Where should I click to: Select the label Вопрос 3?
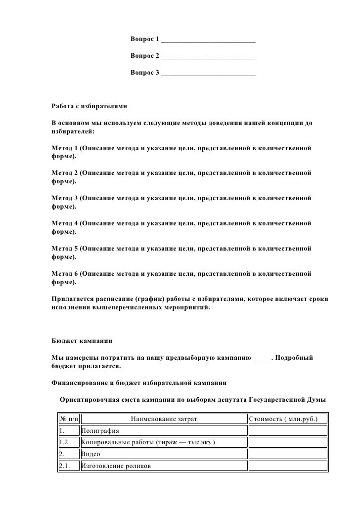[144, 73]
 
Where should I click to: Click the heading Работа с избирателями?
[90, 106]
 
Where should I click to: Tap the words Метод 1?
[65, 148]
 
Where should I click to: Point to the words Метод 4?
[65, 223]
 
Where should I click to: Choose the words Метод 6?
[65, 274]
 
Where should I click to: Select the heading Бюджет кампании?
[82, 341]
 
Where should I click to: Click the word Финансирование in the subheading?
[80, 382]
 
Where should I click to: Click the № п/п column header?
[68, 420]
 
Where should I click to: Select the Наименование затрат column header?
[164, 420]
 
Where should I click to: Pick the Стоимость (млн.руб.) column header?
[287, 420]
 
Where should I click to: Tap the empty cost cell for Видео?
[287, 454]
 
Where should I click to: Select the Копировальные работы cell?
[148, 443]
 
